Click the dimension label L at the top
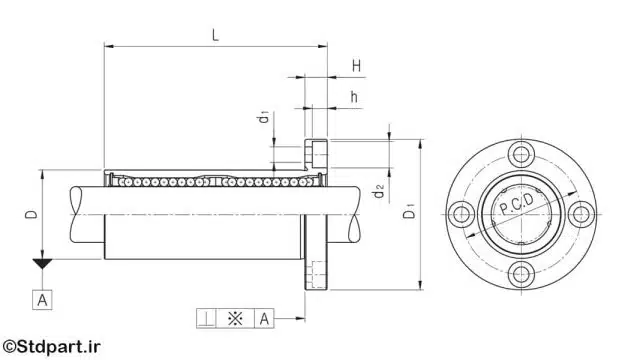[x=215, y=35]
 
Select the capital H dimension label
[x=357, y=66]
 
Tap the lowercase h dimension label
[x=354, y=96]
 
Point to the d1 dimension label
[x=264, y=118]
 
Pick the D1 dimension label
[x=409, y=210]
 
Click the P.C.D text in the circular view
[x=516, y=204]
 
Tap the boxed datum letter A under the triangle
[x=42, y=300]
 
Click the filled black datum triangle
[x=42, y=263]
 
